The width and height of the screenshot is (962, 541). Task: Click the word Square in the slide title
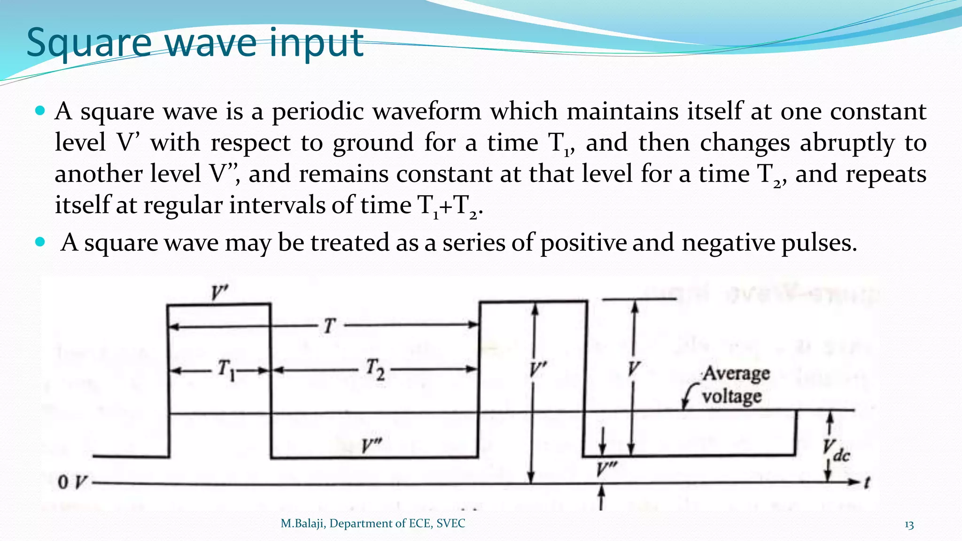(89, 43)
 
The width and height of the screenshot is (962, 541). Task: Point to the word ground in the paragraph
(373, 143)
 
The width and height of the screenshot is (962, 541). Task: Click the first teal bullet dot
(40, 111)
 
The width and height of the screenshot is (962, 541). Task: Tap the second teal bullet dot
(40, 243)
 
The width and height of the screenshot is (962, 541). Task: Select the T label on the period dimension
(329, 325)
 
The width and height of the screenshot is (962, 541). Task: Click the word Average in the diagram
(736, 374)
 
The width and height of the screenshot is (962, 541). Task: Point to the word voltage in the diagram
(731, 397)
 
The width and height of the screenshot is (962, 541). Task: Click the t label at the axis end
(867, 482)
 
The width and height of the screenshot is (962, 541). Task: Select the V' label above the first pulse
(219, 293)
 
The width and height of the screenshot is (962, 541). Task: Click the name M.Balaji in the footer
(303, 524)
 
